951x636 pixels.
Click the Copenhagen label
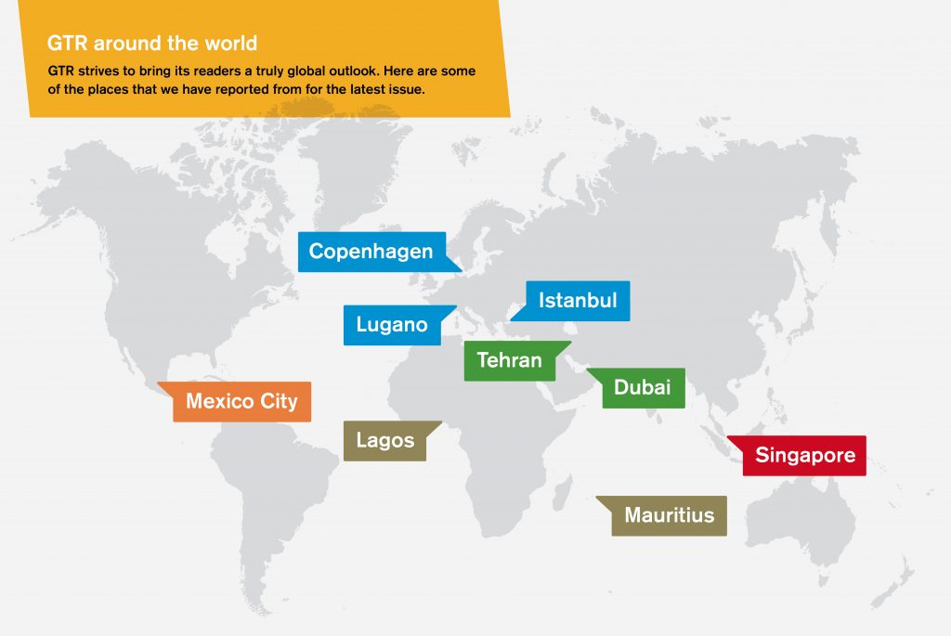pyautogui.click(x=371, y=252)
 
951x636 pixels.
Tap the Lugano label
pyautogui.click(x=392, y=325)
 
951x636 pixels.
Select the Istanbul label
pyautogui.click(x=578, y=301)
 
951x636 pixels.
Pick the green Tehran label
pyautogui.click(x=509, y=360)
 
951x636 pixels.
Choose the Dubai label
pyautogui.click(x=643, y=387)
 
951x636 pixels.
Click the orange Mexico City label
pyautogui.click(x=241, y=402)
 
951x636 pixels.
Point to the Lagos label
pyautogui.click(x=384, y=440)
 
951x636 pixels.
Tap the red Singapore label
pyautogui.click(x=804, y=456)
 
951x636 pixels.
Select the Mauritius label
pyautogui.click(x=669, y=515)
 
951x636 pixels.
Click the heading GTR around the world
pyautogui.click(x=152, y=44)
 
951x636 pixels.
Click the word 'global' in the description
pyautogui.click(x=354, y=71)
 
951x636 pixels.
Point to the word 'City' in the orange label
pyautogui.click(x=280, y=402)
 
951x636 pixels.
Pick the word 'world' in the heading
pyautogui.click(x=234, y=44)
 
